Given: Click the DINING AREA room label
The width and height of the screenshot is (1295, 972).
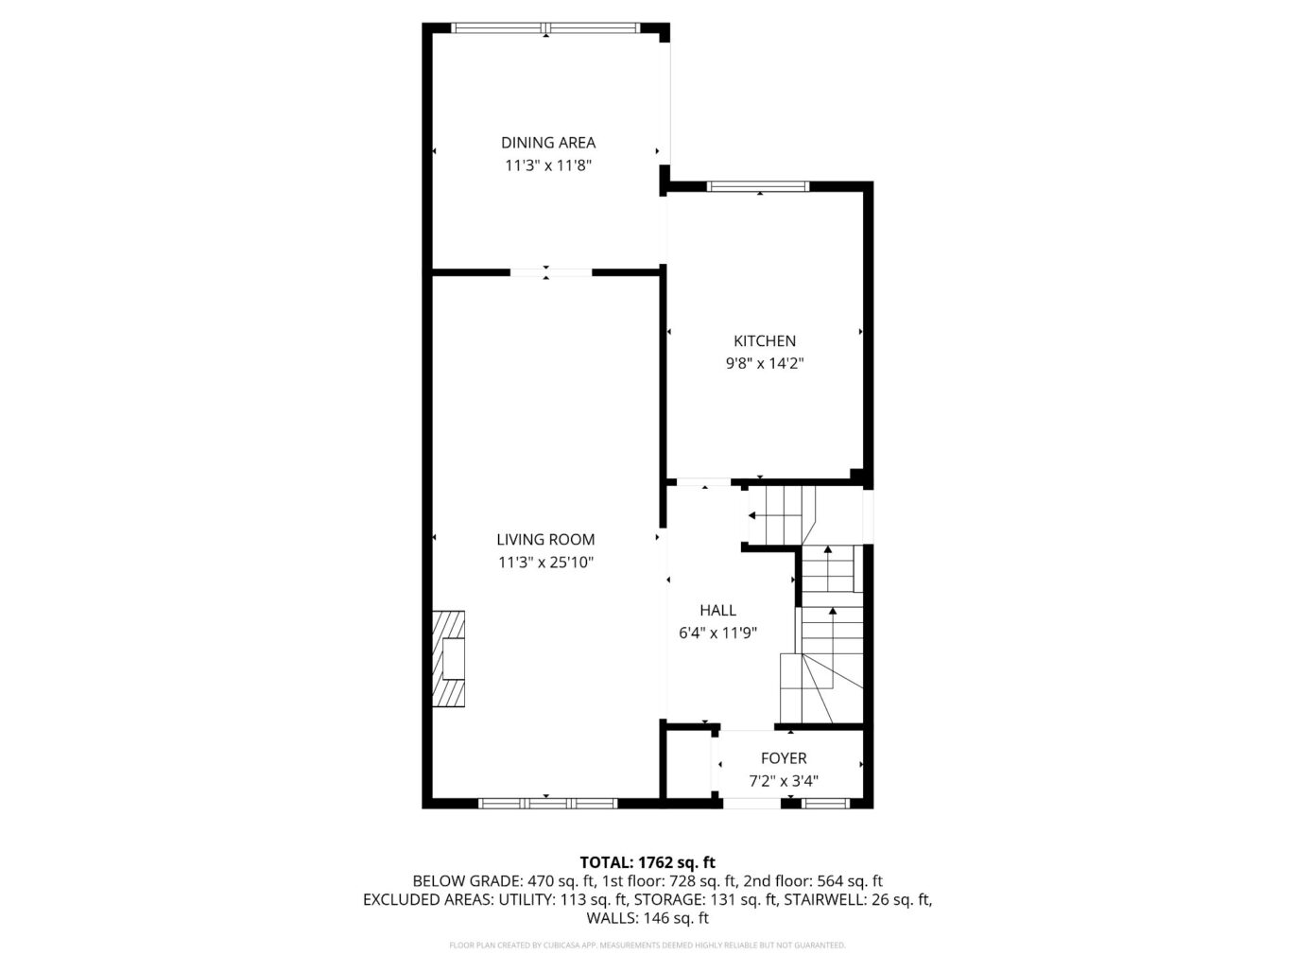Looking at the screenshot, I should (x=548, y=143).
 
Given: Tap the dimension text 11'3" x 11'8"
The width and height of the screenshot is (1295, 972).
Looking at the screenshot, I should (x=548, y=165).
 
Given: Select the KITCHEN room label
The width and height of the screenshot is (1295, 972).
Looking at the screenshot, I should (x=765, y=341).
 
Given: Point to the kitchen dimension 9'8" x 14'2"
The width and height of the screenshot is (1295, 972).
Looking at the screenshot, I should (x=765, y=363).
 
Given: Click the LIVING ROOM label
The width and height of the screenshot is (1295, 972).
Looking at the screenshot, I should (x=545, y=540).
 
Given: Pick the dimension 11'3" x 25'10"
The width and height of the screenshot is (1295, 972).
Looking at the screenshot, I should (x=545, y=563).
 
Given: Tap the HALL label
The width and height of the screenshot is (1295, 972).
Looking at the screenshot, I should (x=717, y=611).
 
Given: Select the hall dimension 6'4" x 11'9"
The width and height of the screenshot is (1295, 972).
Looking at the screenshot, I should (x=717, y=634).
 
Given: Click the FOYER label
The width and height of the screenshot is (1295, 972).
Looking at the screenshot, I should (x=784, y=758).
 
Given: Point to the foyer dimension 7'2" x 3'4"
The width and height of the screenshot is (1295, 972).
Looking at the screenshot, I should (x=784, y=781).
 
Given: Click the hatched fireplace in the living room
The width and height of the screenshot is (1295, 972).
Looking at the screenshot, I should (x=449, y=658).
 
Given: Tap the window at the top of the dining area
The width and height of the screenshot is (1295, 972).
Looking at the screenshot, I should (x=546, y=28).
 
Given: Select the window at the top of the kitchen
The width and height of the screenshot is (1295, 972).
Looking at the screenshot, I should (x=759, y=186).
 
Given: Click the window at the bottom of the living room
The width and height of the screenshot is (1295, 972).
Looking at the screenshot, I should (x=548, y=804).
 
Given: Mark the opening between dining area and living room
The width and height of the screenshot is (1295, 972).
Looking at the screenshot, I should (x=551, y=273).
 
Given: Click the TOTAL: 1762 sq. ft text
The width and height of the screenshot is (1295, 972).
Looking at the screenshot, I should (x=647, y=862).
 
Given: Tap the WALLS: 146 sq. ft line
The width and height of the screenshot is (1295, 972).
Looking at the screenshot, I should (x=647, y=918).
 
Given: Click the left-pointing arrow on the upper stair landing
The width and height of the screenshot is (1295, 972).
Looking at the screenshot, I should (x=752, y=515).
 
